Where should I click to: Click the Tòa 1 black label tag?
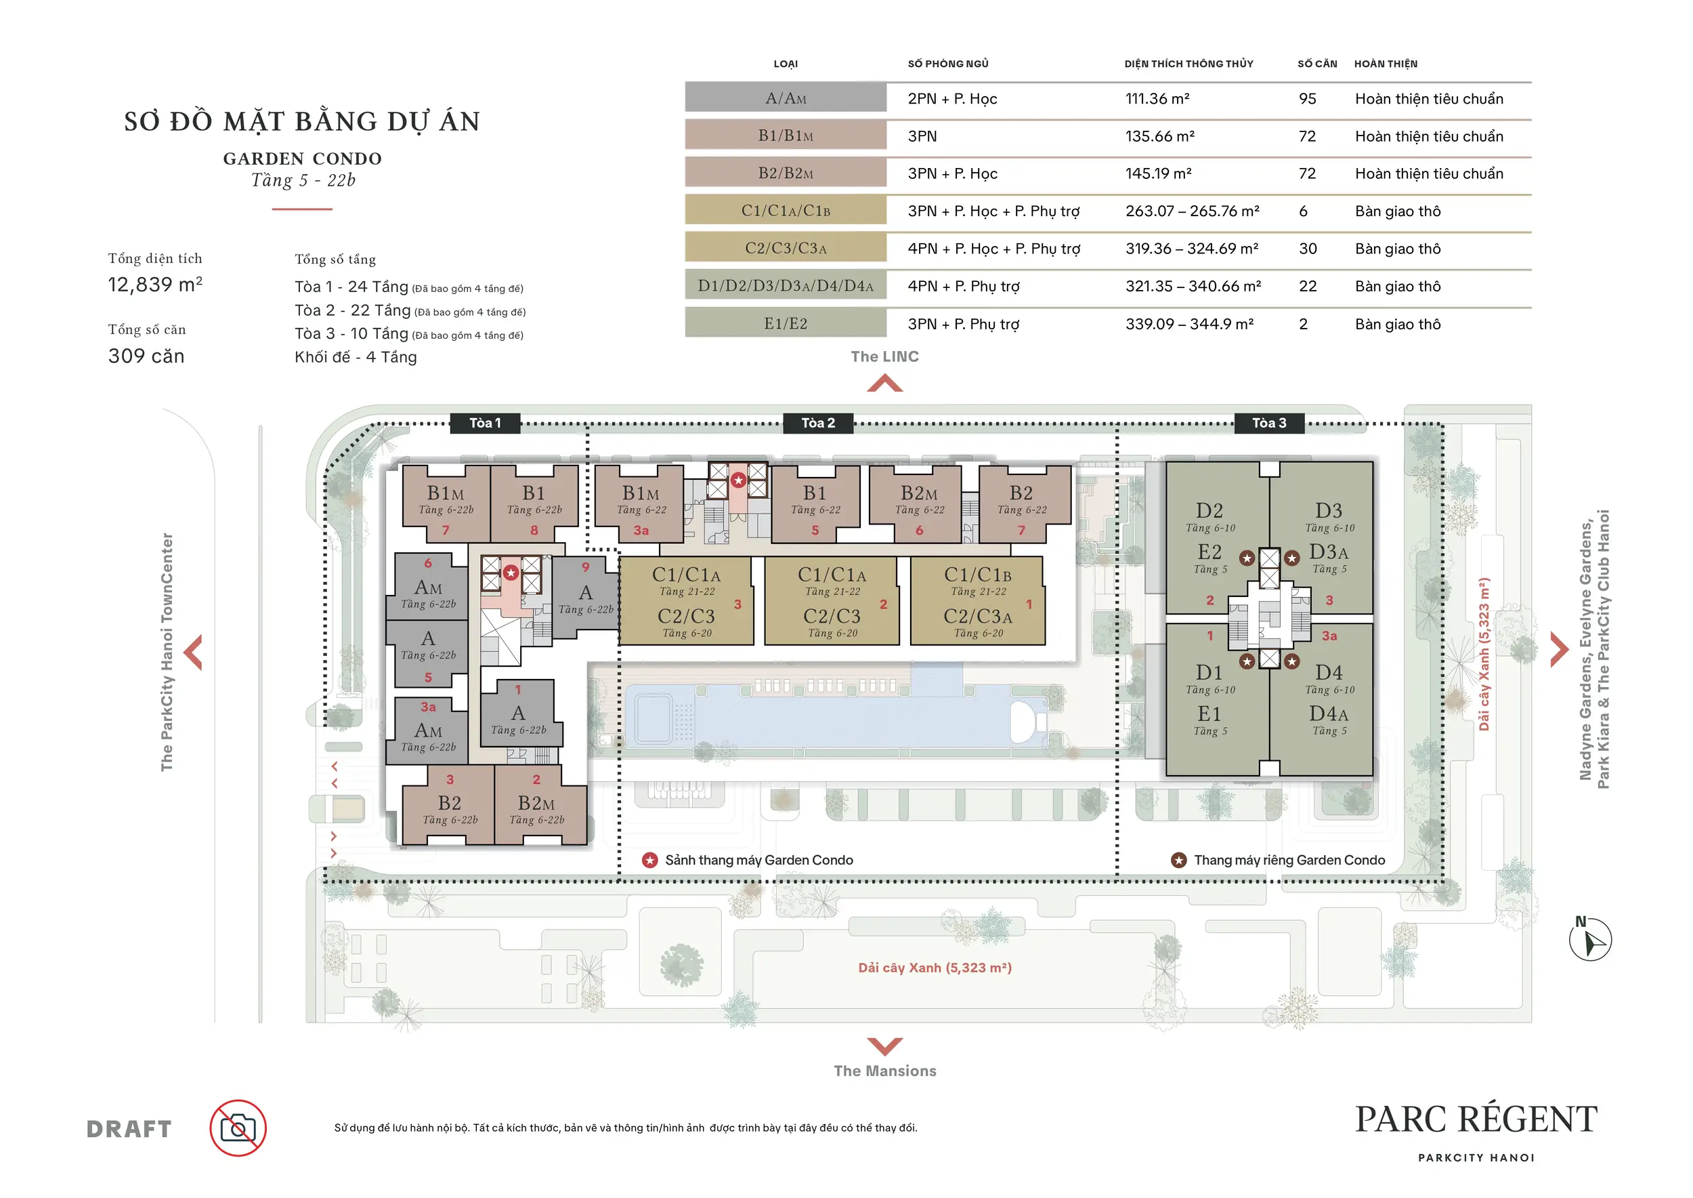(485, 423)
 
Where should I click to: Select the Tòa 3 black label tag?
(1269, 423)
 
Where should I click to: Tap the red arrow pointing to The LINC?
(885, 383)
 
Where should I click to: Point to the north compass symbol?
(1591, 938)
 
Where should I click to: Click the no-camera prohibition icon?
(238, 1128)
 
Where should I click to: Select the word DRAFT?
(129, 1129)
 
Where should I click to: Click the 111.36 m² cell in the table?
(1157, 99)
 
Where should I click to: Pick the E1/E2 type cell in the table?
(786, 323)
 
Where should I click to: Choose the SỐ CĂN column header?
(1317, 64)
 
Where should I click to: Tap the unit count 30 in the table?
(1308, 249)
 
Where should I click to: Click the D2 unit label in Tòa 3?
(1209, 510)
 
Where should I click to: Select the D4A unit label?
(1329, 714)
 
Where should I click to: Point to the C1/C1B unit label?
(978, 574)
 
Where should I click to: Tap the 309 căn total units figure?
(146, 356)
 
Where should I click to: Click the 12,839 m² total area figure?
(155, 284)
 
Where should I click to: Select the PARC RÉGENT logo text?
(1476, 1119)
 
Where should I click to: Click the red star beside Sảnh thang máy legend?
(649, 860)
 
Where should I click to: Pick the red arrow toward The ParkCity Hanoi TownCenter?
(193, 652)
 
